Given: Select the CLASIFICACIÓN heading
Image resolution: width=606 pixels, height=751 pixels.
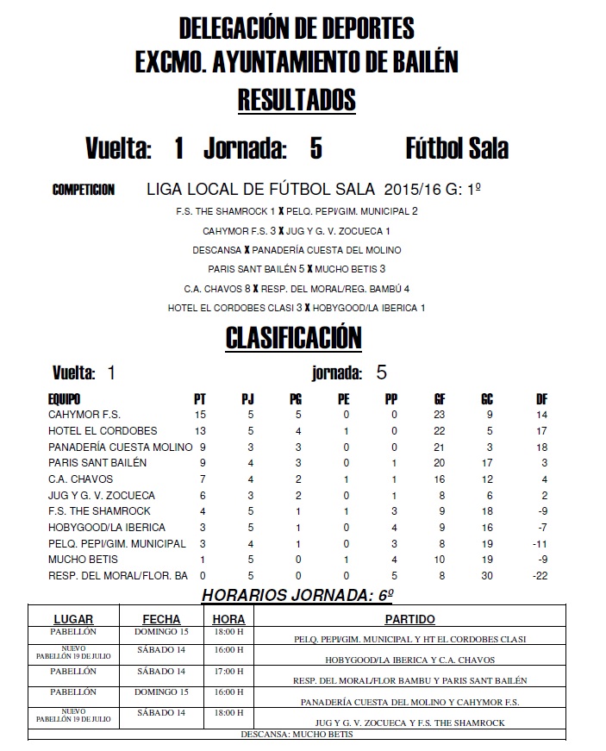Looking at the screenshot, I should (x=293, y=338).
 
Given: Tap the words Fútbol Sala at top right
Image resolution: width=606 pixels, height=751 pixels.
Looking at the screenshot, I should (x=456, y=148).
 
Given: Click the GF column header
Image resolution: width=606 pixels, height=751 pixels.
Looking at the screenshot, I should (x=440, y=399).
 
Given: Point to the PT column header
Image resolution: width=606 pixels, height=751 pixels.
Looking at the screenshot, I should (x=200, y=399).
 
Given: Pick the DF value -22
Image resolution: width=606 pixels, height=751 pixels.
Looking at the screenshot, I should (x=540, y=575).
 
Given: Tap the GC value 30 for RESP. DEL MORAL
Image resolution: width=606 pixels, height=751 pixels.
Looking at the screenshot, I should (x=487, y=575).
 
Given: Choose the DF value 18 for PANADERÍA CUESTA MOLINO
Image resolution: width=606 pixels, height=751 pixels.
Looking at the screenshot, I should (x=541, y=447).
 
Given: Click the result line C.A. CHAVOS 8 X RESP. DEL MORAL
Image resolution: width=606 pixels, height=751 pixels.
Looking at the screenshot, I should (x=297, y=289).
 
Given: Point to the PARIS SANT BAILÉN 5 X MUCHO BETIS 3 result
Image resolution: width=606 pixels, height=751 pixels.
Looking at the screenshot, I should (x=297, y=269).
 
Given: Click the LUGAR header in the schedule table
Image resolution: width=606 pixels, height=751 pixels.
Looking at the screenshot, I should (x=73, y=619).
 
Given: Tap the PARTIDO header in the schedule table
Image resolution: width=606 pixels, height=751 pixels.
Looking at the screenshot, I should (x=409, y=619).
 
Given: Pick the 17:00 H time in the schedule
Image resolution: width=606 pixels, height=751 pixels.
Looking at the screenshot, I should (x=229, y=671).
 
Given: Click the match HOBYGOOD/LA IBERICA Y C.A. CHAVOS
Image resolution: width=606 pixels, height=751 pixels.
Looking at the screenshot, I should (x=409, y=660).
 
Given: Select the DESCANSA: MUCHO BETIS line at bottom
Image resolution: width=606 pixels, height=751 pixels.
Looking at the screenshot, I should (x=295, y=735).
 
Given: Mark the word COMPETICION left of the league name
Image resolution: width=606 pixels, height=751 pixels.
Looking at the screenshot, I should (x=84, y=190).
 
